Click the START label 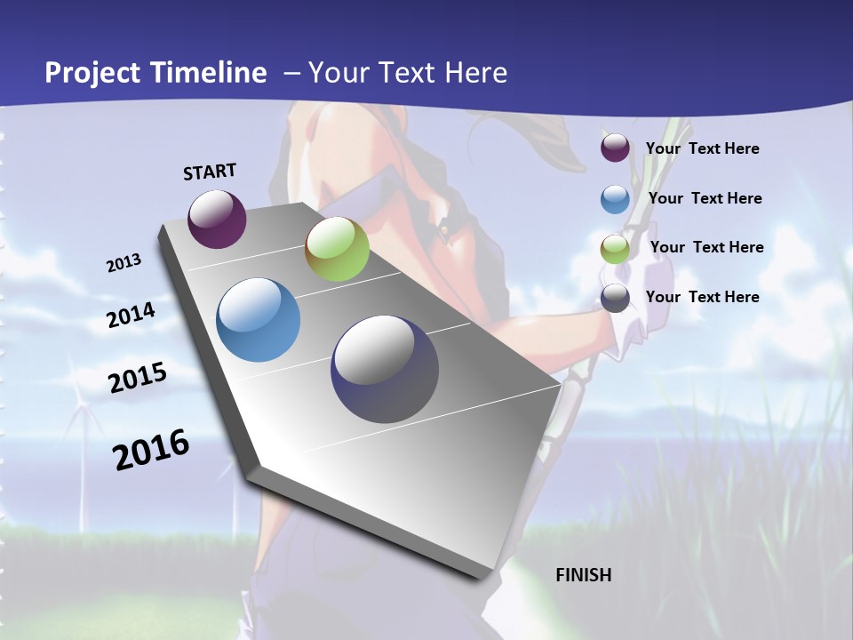pos(210,171)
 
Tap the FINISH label pos(583,575)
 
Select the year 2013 pos(124,262)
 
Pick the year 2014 pos(131,315)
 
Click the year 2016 pos(151,450)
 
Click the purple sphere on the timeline pos(217,219)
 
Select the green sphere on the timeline pos(337,249)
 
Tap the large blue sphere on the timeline pos(259,320)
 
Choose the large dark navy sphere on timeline pos(385,369)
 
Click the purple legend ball pos(615,148)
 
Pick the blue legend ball pos(615,199)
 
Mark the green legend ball pos(615,249)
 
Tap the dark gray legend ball pos(615,299)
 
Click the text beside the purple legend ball pos(702,148)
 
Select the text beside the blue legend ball pos(705,198)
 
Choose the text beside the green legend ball pos(706,247)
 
